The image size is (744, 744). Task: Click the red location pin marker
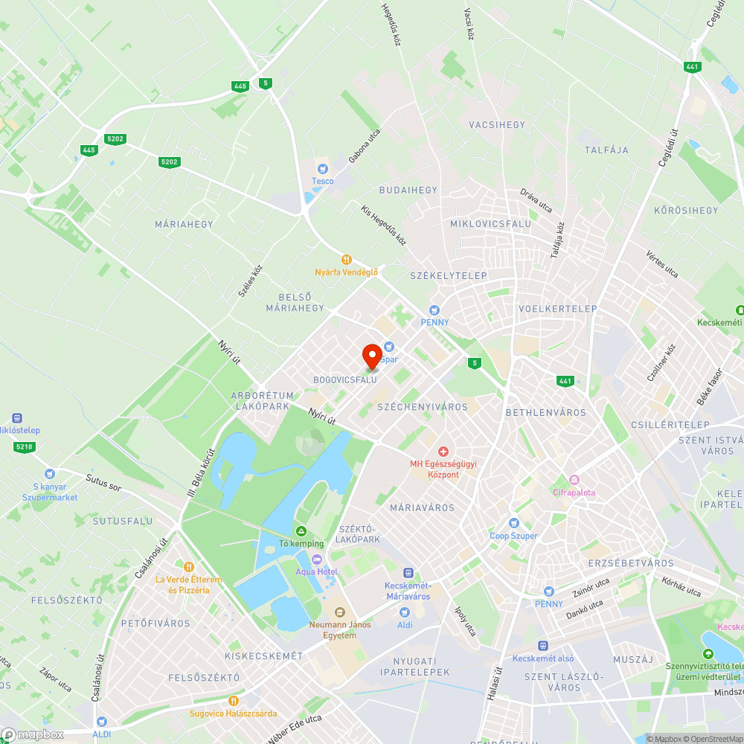tap(372, 356)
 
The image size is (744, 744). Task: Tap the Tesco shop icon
tap(322, 169)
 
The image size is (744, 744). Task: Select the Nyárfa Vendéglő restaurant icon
tap(346, 260)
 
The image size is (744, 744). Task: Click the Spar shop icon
tap(388, 347)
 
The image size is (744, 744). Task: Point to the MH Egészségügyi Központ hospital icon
tap(443, 452)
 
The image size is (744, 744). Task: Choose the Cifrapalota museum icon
tap(574, 480)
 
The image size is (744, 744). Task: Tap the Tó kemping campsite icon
tap(301, 531)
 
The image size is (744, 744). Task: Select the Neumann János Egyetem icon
tap(340, 612)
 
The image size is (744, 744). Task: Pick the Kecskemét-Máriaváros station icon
tap(408, 573)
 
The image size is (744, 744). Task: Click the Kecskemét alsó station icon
tap(543, 646)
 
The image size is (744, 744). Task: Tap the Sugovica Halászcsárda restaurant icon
tap(233, 700)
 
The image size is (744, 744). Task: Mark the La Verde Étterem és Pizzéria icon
tap(188, 567)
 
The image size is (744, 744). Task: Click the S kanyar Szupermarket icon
tap(49, 473)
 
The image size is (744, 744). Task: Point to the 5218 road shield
tap(24, 446)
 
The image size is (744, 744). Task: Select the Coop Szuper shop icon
tap(513, 523)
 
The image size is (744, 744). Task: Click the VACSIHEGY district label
tap(497, 125)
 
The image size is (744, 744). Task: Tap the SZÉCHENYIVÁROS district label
tap(423, 407)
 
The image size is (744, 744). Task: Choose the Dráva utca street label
tap(536, 201)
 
